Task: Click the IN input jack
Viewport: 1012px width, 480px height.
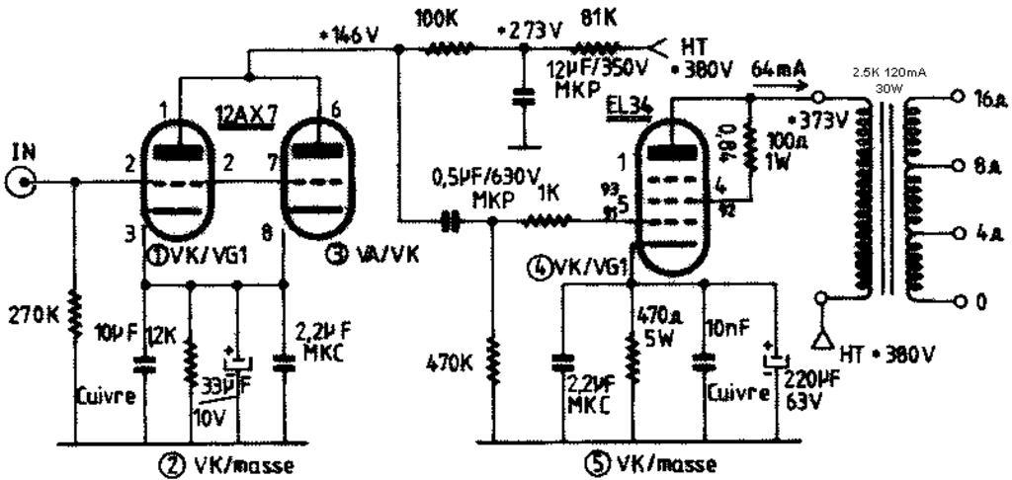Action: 22,182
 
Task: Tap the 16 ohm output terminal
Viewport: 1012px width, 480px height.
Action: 955,98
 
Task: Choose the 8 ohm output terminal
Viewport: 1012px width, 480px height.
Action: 955,166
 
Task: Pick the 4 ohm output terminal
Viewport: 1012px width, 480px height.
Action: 955,234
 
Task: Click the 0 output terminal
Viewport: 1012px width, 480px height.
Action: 955,301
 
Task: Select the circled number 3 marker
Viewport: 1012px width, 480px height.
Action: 338,254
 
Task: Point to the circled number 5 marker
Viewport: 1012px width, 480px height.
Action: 598,464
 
